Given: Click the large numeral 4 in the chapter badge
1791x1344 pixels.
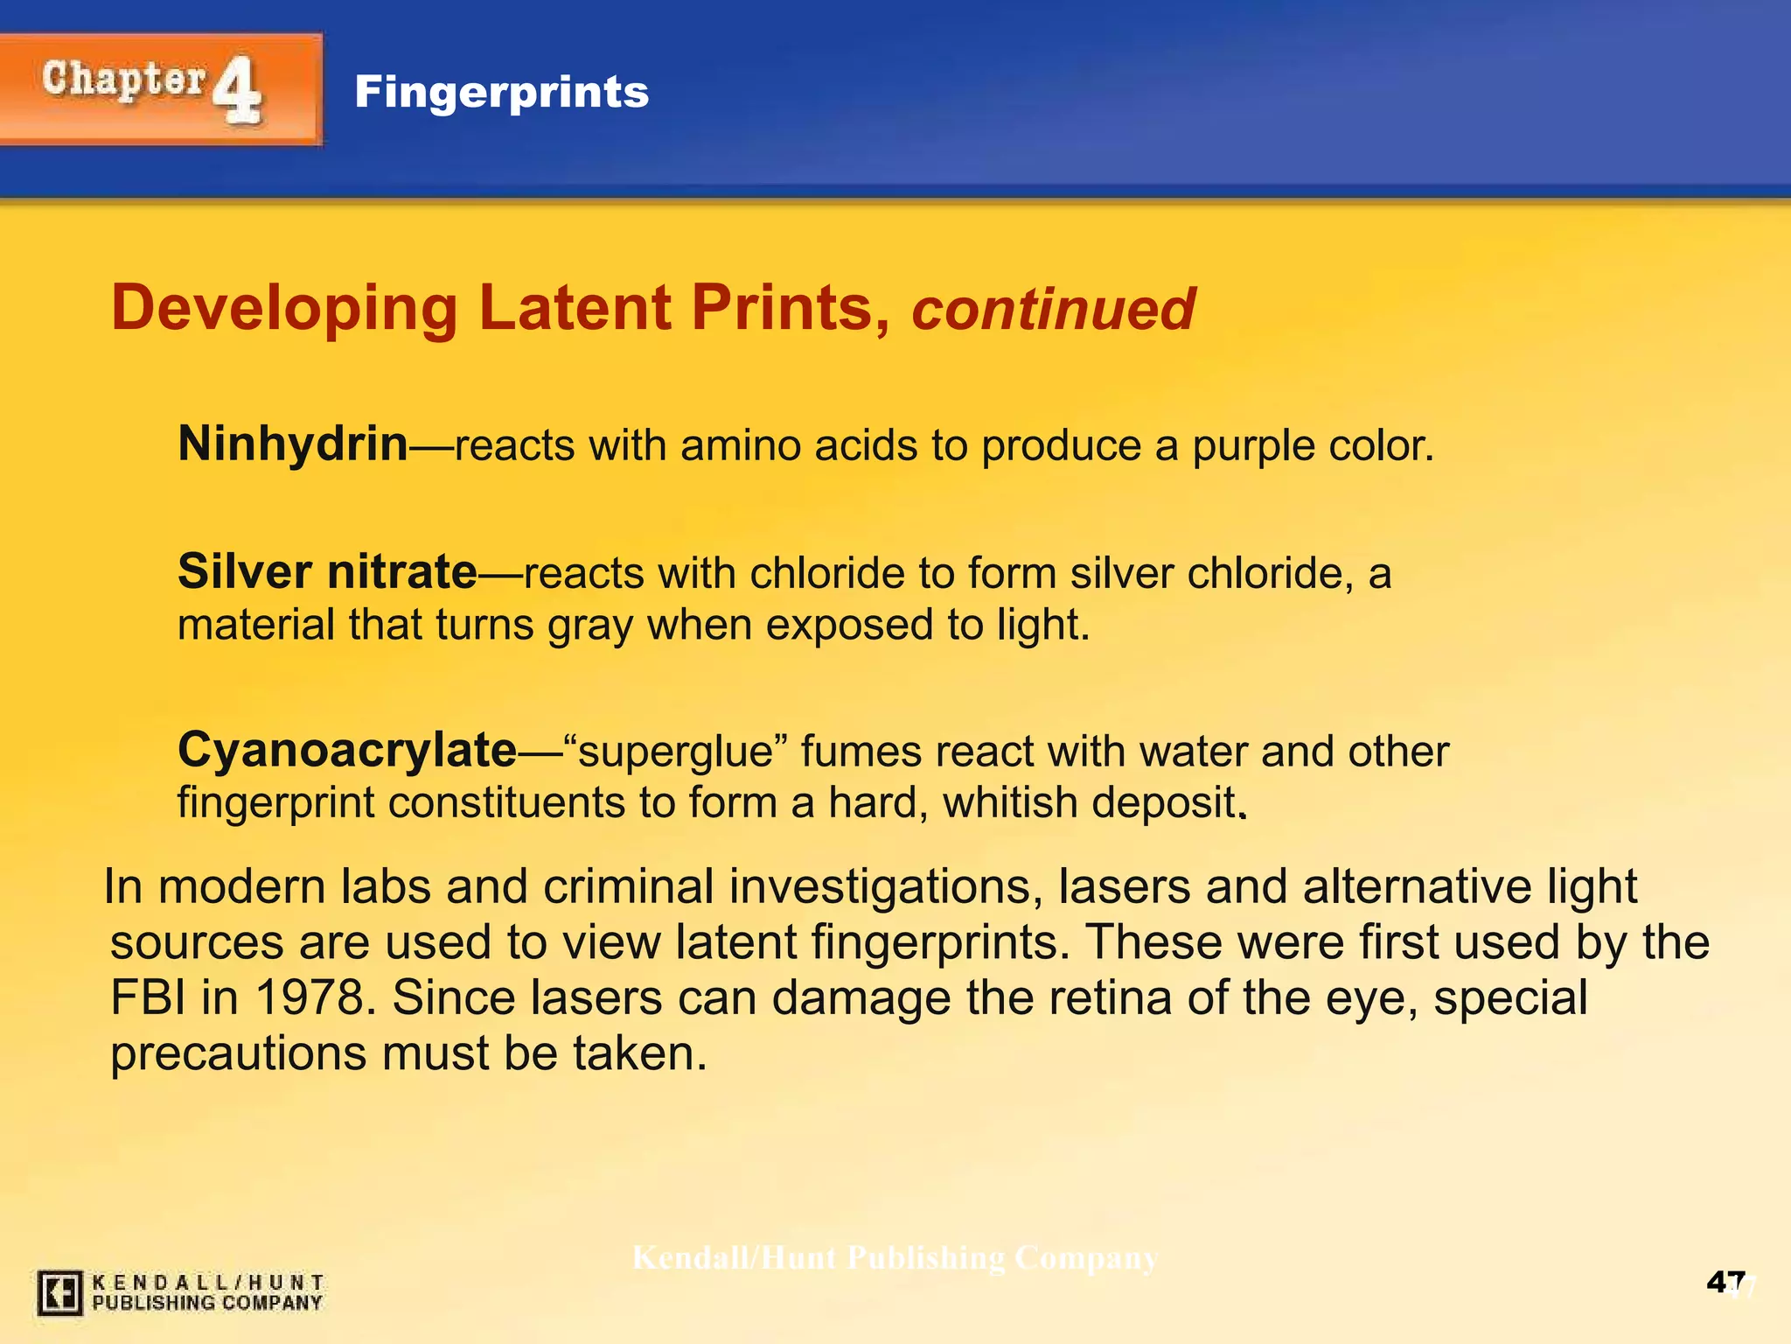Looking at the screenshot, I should point(237,89).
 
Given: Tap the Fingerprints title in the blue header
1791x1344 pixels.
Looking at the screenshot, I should point(501,92).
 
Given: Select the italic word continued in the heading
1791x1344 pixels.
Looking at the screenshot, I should point(1053,310).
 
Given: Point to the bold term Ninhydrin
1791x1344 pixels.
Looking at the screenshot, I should point(293,444).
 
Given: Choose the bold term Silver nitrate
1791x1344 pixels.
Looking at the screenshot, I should point(327,572).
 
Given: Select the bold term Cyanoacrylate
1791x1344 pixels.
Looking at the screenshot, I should point(347,751).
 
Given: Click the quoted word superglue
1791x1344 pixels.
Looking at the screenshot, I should point(676,752).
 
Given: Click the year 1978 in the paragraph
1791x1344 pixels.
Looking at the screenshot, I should point(310,997).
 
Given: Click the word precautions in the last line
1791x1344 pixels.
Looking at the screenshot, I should point(238,1053).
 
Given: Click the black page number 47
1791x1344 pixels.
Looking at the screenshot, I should point(1725,1283).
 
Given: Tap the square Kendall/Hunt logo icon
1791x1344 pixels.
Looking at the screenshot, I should point(59,1292).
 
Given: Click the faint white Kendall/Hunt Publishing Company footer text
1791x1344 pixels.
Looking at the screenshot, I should point(895,1258).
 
